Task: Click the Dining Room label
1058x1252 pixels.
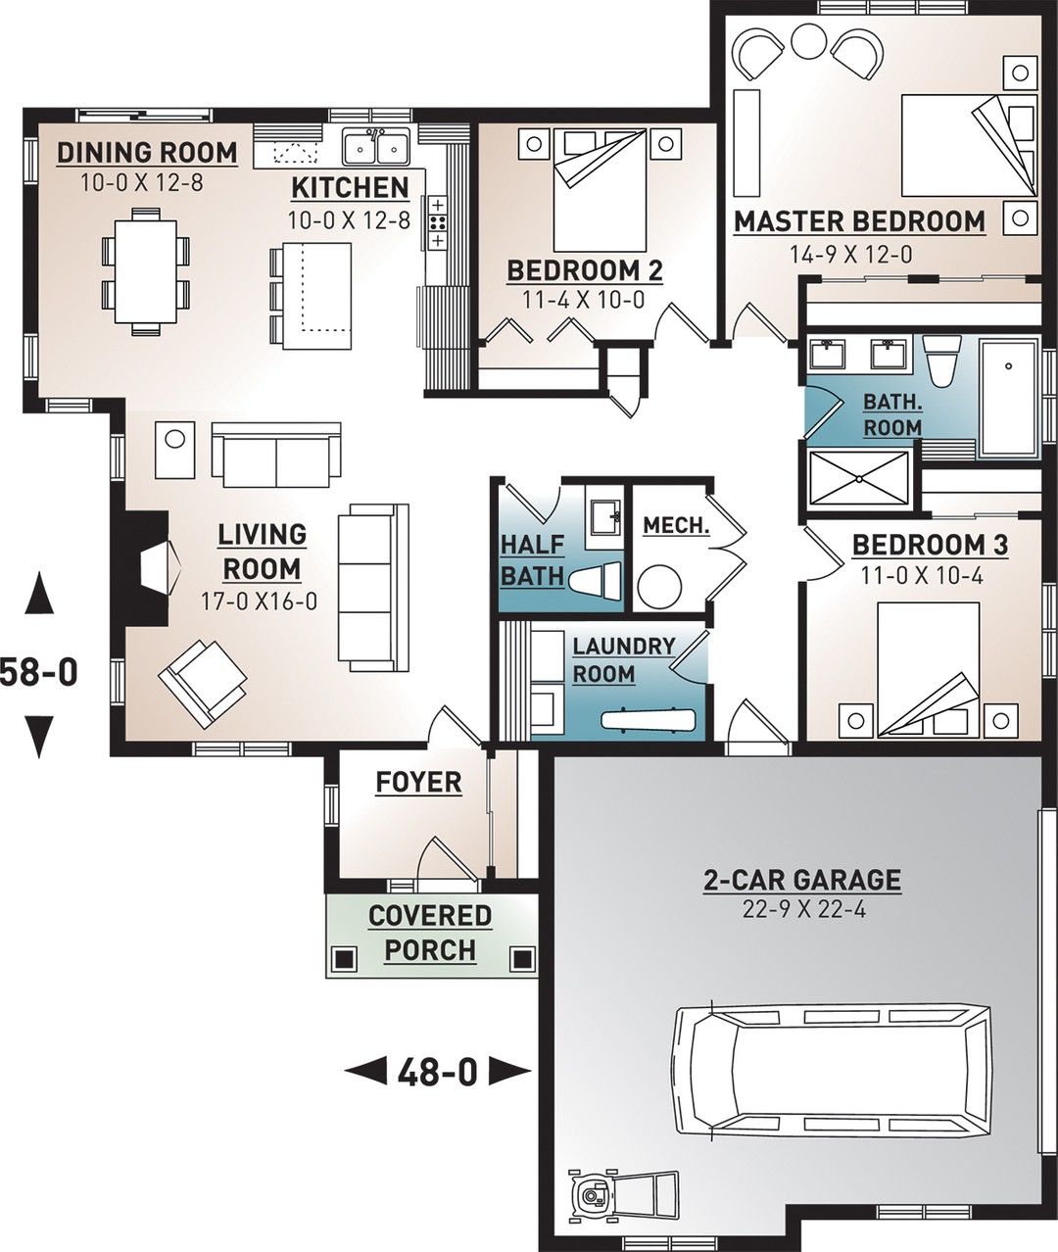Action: click(146, 153)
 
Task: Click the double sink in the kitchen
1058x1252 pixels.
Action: click(375, 148)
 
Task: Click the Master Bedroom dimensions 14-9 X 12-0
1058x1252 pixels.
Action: click(850, 255)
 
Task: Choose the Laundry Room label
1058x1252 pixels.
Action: click(624, 660)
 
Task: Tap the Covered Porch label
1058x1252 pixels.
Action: click(430, 933)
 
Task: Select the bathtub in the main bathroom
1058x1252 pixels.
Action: click(1009, 398)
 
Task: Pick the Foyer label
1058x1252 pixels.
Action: click(418, 782)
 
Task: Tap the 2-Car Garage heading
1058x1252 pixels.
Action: click(802, 880)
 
